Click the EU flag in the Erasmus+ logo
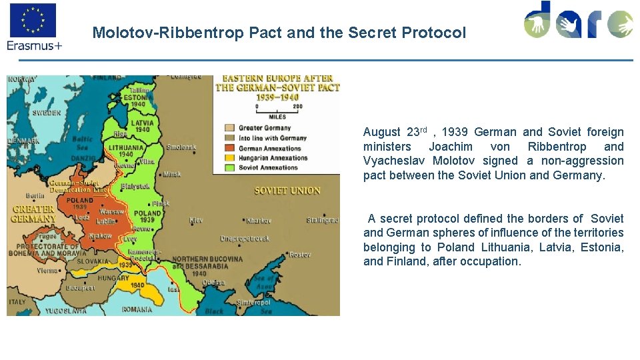(x=33, y=20)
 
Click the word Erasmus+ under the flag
(x=35, y=45)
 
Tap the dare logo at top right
(x=578, y=21)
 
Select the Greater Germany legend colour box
(x=229, y=128)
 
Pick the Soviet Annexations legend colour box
(x=229, y=168)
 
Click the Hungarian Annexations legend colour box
(x=229, y=158)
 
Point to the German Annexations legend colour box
(x=229, y=148)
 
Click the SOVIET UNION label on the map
(x=287, y=191)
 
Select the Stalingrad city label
(x=323, y=220)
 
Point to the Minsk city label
(x=172, y=175)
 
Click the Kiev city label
(x=195, y=219)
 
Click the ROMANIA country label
(x=137, y=309)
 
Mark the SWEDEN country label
(x=47, y=113)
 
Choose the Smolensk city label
(x=181, y=147)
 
